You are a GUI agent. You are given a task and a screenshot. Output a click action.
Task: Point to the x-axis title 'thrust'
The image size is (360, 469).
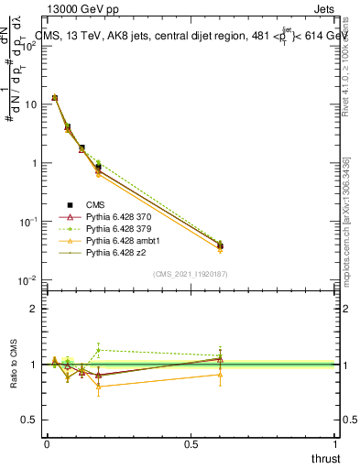click(324, 458)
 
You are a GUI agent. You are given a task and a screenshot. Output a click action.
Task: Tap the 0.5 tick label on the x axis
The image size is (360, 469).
click(191, 443)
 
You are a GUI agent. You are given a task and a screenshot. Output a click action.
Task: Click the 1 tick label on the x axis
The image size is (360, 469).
click(335, 443)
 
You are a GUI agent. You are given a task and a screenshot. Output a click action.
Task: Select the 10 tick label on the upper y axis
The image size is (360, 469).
click(30, 104)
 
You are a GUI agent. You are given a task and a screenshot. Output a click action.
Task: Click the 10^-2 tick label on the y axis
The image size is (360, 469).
click(28, 280)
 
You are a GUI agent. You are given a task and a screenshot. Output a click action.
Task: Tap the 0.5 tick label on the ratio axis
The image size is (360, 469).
click(31, 420)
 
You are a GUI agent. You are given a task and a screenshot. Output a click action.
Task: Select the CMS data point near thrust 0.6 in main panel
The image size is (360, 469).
click(220, 245)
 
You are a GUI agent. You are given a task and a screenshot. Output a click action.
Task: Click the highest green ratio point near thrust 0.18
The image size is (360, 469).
click(98, 349)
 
